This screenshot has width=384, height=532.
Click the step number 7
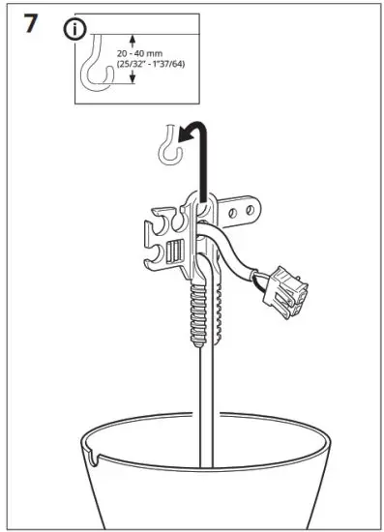coord(31,22)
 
